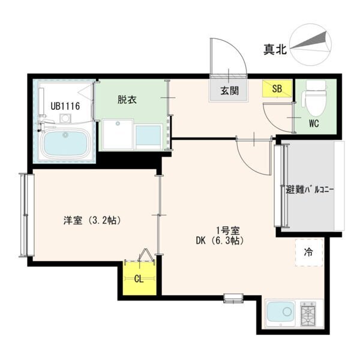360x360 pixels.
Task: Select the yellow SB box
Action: pos(277,89)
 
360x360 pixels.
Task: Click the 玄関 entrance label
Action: pos(229,92)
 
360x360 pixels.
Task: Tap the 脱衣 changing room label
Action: pos(127,100)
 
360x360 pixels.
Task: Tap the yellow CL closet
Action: pos(139,278)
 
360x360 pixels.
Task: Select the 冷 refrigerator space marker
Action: pos(308,253)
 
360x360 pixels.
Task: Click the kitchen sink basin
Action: pos(280,313)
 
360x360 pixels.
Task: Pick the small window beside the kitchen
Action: pos(232,296)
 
